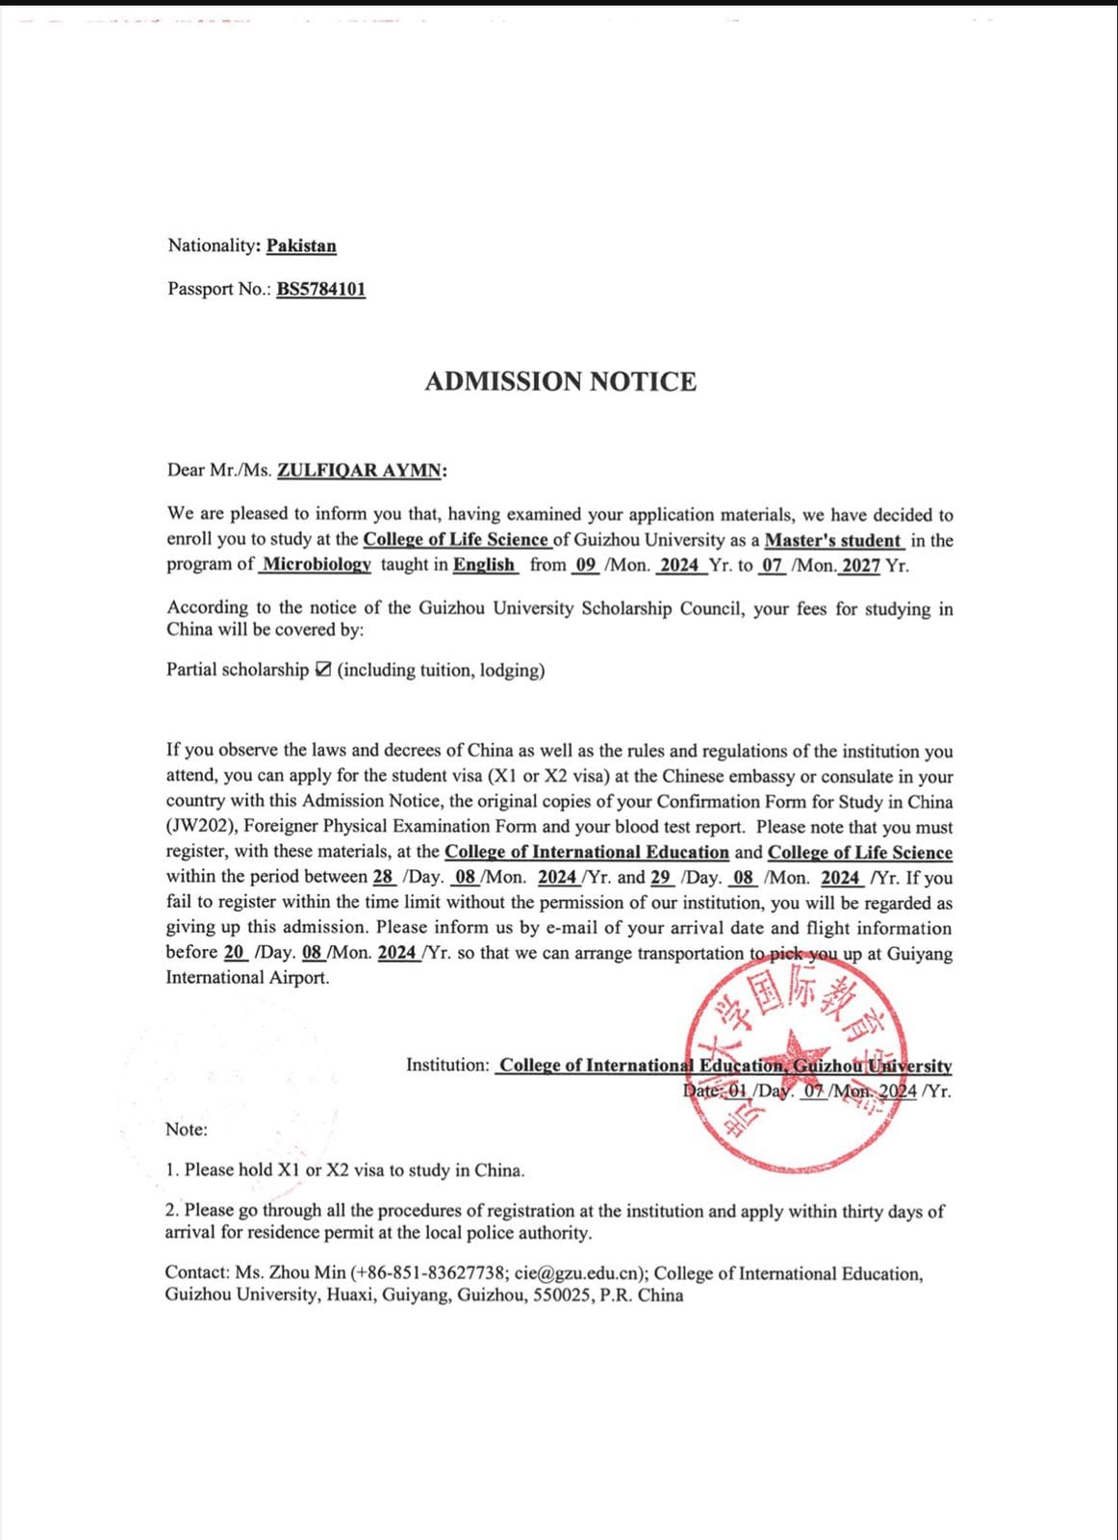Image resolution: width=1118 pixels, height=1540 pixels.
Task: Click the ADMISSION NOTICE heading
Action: pyautogui.click(x=560, y=382)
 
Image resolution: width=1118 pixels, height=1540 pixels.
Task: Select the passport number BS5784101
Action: pyautogui.click(x=320, y=289)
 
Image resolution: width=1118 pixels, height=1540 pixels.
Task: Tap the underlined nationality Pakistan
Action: pyautogui.click(x=301, y=245)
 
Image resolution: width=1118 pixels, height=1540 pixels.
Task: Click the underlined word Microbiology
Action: pyautogui.click(x=317, y=565)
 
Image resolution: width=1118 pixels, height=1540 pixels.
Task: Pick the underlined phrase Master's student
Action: pyautogui.click(x=832, y=541)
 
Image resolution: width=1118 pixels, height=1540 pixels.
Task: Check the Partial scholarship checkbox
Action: pyautogui.click(x=323, y=670)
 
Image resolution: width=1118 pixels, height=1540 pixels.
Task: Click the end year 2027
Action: pyautogui.click(x=861, y=565)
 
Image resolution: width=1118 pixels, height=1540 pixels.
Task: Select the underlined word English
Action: pyautogui.click(x=484, y=565)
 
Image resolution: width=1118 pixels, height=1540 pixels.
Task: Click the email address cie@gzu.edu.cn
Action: pyautogui.click(x=579, y=1273)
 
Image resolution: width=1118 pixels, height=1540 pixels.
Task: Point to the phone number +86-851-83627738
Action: pyautogui.click(x=432, y=1273)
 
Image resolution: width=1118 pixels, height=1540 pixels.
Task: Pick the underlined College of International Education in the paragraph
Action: pyautogui.click(x=587, y=852)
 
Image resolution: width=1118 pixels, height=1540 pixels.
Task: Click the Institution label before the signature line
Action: pyautogui.click(x=447, y=1065)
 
